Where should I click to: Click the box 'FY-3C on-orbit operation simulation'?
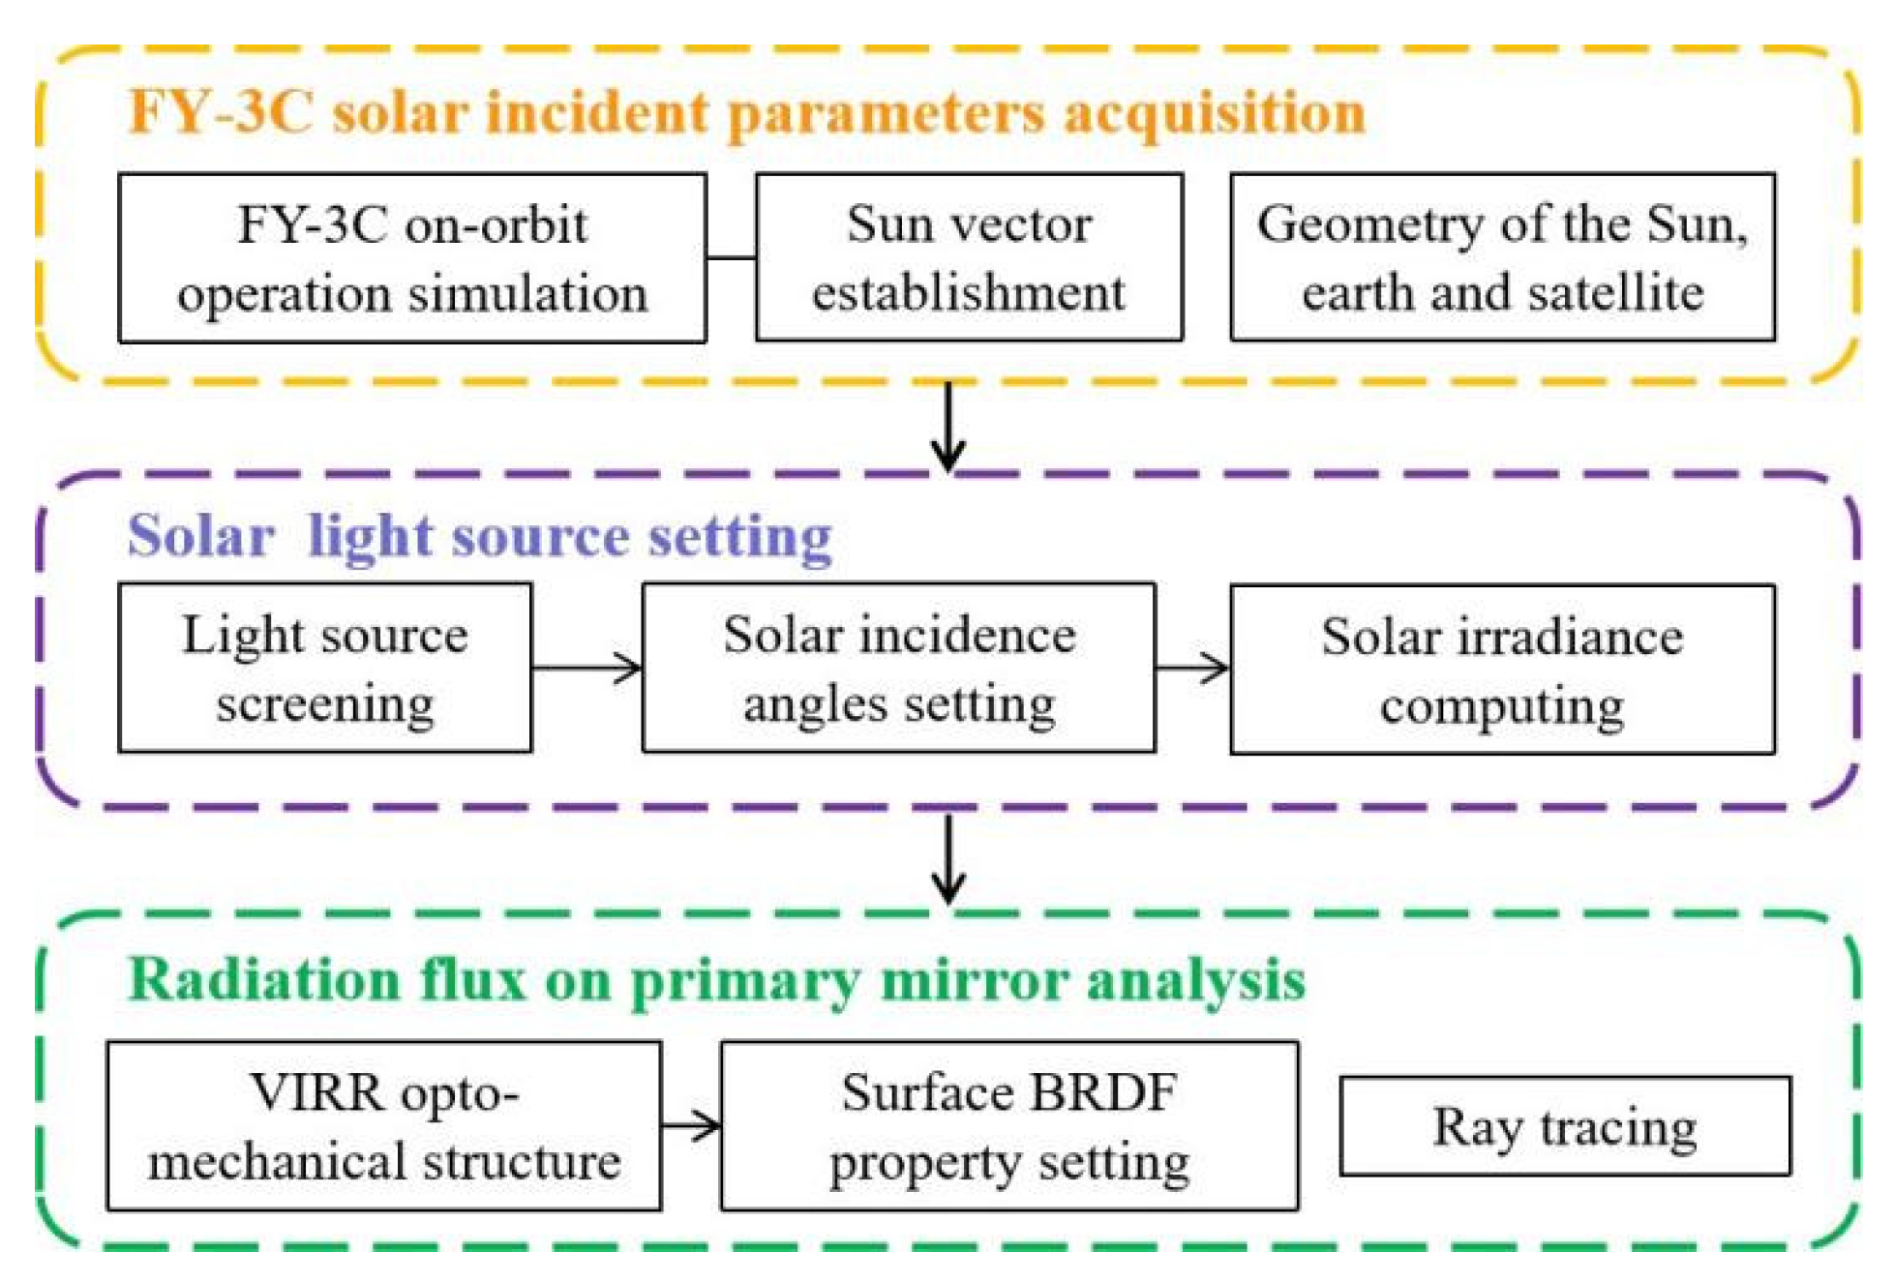point(411,258)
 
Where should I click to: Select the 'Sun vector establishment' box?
point(968,258)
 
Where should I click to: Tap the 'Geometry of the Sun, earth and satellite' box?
point(1502,258)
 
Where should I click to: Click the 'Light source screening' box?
point(324,668)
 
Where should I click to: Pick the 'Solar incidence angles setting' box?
point(898,668)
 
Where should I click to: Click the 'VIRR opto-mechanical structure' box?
point(383,1126)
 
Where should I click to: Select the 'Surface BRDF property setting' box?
point(1008,1126)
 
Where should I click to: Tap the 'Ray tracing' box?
point(1564,1126)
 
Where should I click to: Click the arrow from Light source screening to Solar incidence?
point(586,668)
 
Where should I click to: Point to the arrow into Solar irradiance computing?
point(1192,668)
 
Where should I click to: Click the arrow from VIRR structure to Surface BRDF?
point(691,1125)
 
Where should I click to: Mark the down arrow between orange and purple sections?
point(948,426)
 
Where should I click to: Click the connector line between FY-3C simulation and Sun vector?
point(731,258)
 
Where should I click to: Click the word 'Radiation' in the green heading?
point(264,979)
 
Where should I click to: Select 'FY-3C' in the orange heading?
point(221,112)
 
